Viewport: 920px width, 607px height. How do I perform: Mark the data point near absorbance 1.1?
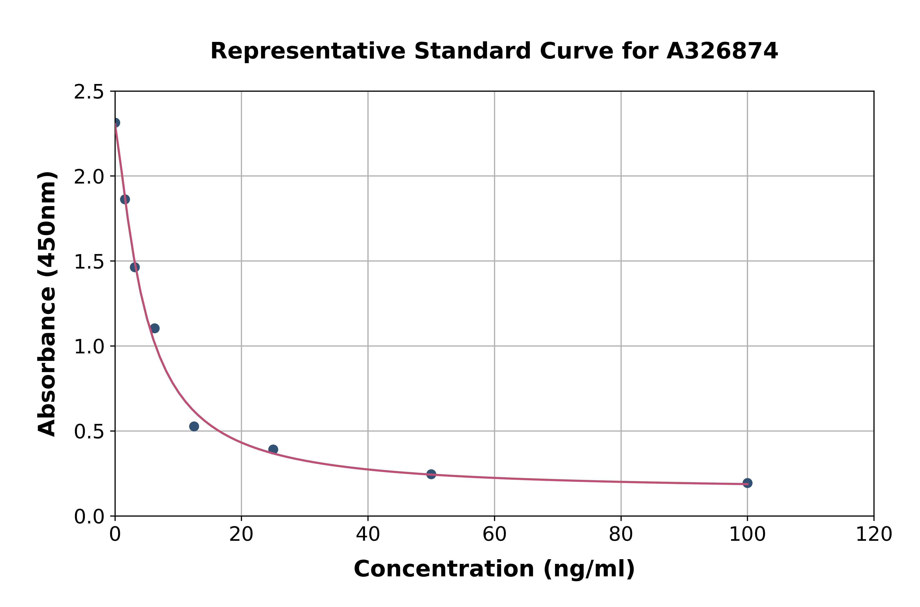[x=155, y=328]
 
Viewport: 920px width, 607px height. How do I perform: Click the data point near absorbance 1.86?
[x=125, y=199]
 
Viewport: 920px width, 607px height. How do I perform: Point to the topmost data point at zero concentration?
[x=115, y=123]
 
